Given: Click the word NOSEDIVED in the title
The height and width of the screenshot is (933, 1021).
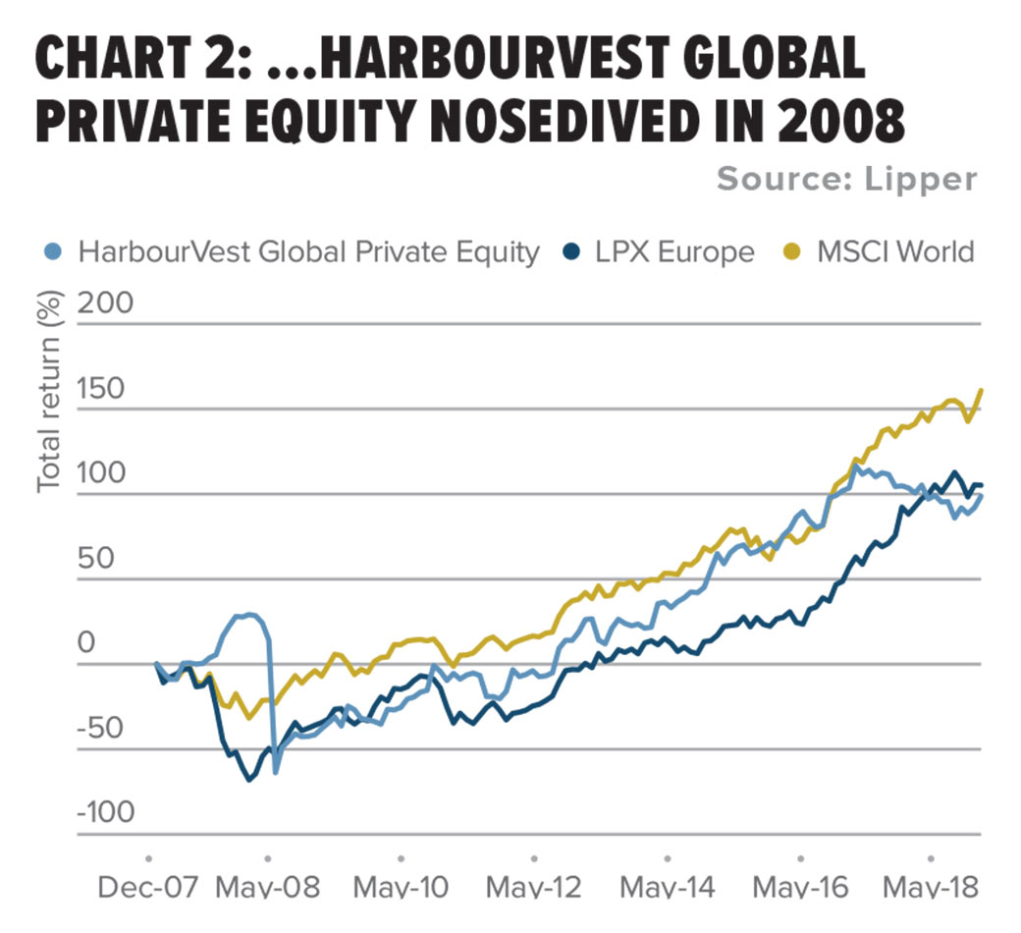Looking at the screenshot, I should click(559, 121).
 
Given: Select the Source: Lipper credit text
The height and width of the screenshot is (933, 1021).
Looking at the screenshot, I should click(846, 179).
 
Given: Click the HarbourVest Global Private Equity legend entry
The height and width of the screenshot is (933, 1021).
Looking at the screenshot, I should click(307, 251).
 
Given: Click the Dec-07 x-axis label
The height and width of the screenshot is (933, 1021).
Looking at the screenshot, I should click(148, 887).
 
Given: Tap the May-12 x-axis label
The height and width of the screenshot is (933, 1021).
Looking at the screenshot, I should click(535, 887).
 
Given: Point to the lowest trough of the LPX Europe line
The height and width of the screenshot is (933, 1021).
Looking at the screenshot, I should click(249, 779).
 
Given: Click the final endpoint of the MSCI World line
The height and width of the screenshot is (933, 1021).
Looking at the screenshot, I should click(981, 390).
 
